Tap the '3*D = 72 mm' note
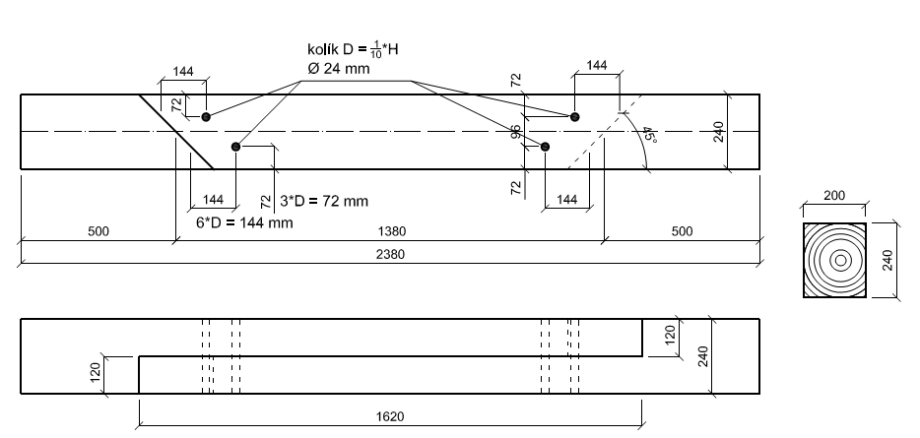point(325,201)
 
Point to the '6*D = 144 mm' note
point(244,222)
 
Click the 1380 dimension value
point(391,231)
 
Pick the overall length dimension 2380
point(391,254)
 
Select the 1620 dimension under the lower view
point(391,416)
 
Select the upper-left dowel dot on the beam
point(206,117)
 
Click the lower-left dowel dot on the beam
point(235,147)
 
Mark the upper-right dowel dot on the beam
point(575,117)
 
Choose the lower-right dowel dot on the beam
point(546,147)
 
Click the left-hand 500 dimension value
point(98,231)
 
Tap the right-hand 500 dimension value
point(682,231)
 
